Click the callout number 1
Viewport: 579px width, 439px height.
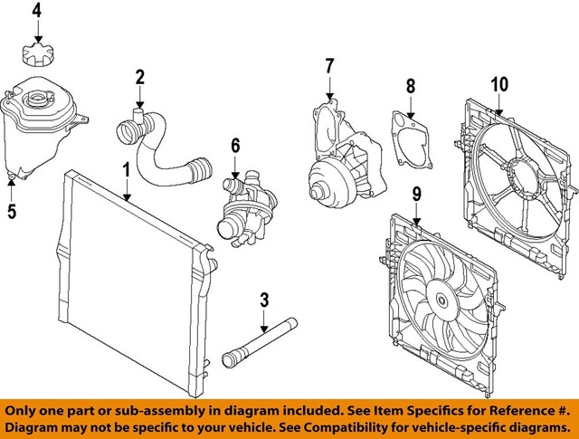coord(127,168)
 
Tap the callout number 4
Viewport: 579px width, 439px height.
coord(37,11)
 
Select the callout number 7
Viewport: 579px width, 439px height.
coord(329,65)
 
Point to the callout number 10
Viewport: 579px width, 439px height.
coord(499,84)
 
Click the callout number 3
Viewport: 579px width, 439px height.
coord(264,300)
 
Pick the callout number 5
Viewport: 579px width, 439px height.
coord(12,213)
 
